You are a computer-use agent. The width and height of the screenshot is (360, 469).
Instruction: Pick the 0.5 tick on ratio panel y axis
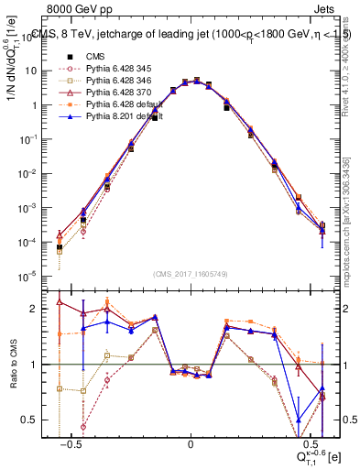coord(36,420)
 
